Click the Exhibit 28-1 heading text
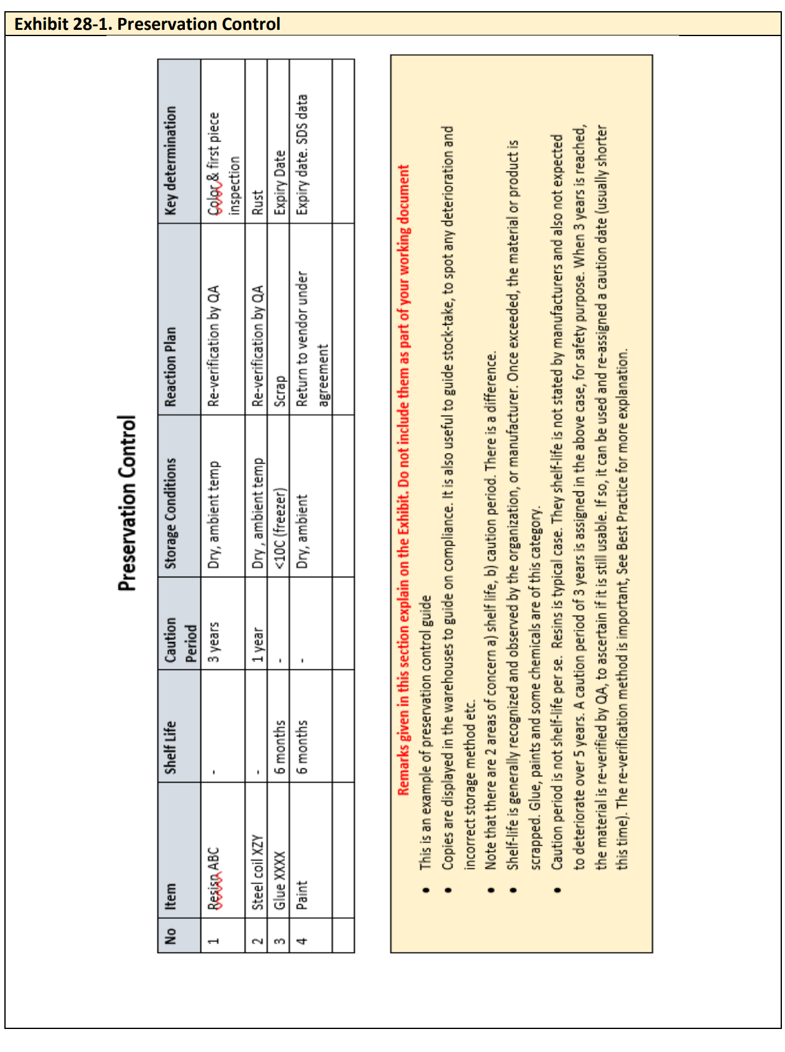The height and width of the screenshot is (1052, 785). [x=147, y=24]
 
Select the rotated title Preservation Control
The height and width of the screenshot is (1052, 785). [x=127, y=503]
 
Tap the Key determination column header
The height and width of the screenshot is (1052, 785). [x=171, y=161]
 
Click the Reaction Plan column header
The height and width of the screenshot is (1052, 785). [x=171, y=367]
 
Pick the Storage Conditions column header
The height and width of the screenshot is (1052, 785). [x=171, y=513]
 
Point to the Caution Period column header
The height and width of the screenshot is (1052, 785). [x=180, y=640]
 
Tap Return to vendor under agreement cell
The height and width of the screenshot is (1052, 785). [x=312, y=339]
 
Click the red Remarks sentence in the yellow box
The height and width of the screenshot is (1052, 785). [x=403, y=479]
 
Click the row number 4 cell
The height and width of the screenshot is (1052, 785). [x=302, y=939]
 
